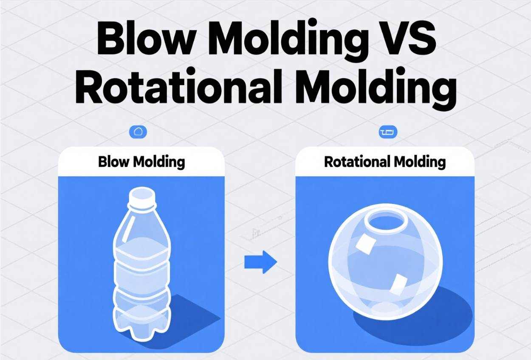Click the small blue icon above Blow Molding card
[138, 132]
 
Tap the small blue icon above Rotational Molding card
[388, 132]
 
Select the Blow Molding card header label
[141, 162]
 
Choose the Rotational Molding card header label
[385, 162]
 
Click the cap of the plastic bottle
[142, 197]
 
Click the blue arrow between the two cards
[260, 262]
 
